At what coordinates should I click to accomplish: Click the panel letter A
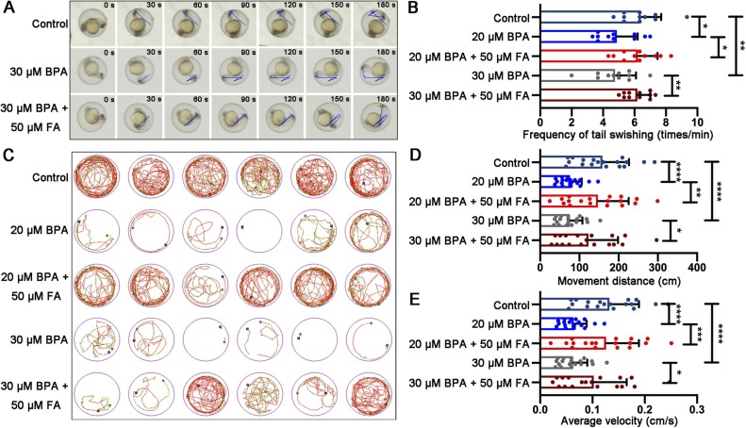[8, 8]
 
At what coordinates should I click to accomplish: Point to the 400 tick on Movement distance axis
[697, 269]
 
